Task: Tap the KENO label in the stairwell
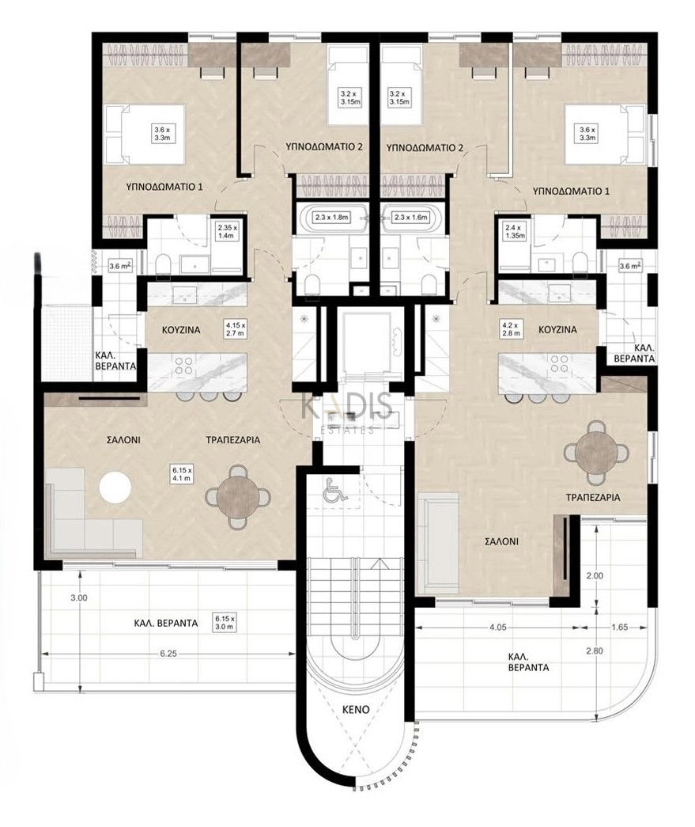[356, 709]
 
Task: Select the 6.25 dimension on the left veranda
[168, 654]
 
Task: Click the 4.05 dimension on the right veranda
[497, 627]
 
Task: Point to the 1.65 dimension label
[620, 627]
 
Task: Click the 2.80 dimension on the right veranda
[595, 651]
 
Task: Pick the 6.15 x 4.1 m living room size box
[182, 473]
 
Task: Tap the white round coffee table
[115, 487]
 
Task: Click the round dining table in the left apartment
[238, 496]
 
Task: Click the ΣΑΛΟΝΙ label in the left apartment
[123, 438]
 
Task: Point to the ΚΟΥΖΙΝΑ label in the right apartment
[557, 329]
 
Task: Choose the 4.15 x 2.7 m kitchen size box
[236, 329]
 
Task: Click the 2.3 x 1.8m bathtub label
[333, 217]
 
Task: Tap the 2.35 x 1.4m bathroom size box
[228, 232]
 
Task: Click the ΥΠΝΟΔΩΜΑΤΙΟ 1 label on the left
[164, 186]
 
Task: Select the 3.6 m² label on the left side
[119, 267]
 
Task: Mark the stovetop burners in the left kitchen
[184, 366]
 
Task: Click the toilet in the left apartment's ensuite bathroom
[163, 265]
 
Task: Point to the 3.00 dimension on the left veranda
[79, 597]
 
